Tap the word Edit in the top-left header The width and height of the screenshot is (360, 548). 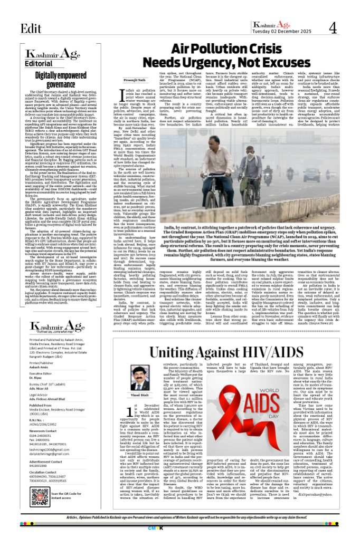[x=31, y=28]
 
